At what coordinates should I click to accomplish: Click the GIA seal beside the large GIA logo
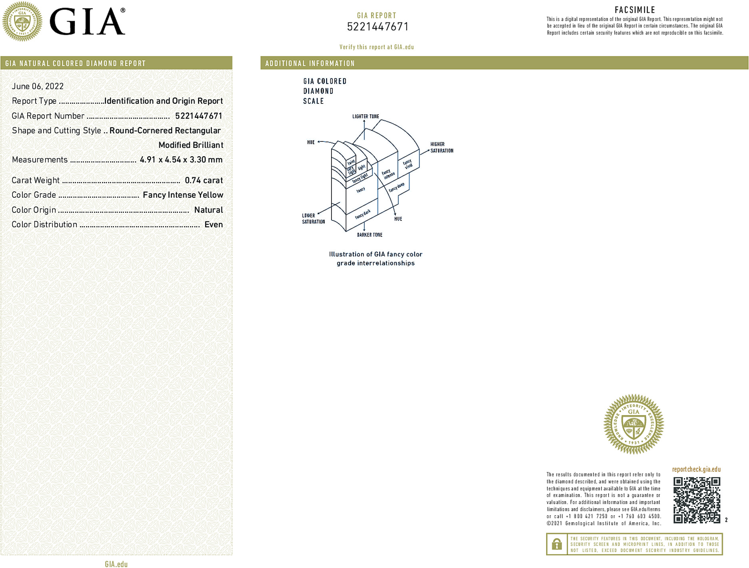(22, 22)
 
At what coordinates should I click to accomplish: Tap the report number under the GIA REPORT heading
(377, 27)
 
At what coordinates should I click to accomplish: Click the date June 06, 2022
(38, 86)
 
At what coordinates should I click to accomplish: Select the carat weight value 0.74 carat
(204, 181)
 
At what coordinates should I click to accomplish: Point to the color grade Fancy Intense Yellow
(183, 195)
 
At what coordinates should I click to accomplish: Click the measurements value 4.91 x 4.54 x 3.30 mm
(181, 160)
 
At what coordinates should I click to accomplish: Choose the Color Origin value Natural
(208, 210)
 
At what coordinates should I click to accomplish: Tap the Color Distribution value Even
(214, 225)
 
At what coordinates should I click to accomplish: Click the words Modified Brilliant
(191, 145)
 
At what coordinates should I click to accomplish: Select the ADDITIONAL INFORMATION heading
(310, 64)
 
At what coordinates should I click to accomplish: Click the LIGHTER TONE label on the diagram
(366, 117)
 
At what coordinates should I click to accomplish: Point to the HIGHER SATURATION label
(441, 147)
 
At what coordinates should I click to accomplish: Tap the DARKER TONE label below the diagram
(370, 235)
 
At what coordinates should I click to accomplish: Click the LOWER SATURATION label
(313, 218)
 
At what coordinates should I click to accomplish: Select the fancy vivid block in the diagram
(408, 163)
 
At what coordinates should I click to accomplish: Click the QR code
(697, 500)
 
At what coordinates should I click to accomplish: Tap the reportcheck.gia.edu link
(696, 469)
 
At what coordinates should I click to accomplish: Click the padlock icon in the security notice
(557, 544)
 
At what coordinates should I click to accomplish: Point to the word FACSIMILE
(635, 10)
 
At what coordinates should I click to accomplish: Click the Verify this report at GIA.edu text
(377, 47)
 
